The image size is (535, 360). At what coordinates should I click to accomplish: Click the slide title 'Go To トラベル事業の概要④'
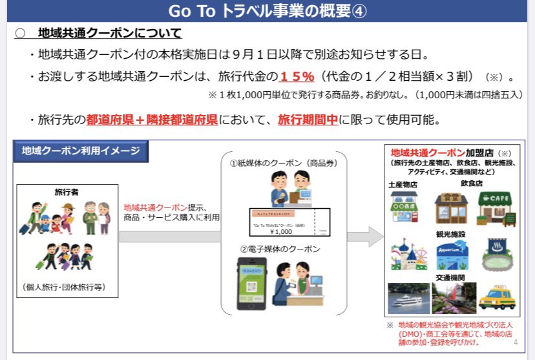coord(267,11)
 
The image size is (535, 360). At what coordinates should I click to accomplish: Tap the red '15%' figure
coord(297,76)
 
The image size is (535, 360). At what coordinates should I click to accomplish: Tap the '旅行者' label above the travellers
coord(67,191)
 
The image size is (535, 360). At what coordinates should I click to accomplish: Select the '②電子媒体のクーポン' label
coord(280,249)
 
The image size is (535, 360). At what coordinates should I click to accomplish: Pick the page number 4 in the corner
coord(515,342)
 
